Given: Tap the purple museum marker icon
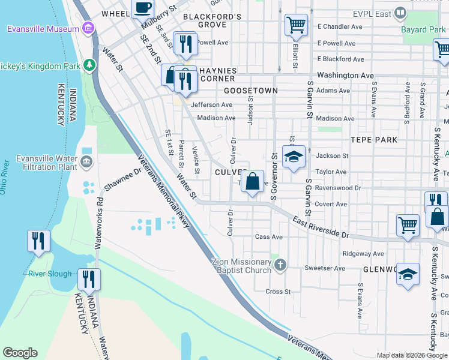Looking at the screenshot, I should [x=88, y=28].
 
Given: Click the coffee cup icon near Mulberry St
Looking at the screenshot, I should [x=142, y=8].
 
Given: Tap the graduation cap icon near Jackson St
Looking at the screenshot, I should [x=294, y=157].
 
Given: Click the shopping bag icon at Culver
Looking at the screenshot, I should [x=253, y=181].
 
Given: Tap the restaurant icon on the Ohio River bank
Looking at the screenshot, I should [x=38, y=241].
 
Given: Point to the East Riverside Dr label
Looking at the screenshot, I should [x=321, y=228].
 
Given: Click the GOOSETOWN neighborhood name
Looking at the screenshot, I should [x=251, y=91].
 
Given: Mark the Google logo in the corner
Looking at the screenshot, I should [x=20, y=353].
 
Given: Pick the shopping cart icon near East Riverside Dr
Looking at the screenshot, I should [x=408, y=225].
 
